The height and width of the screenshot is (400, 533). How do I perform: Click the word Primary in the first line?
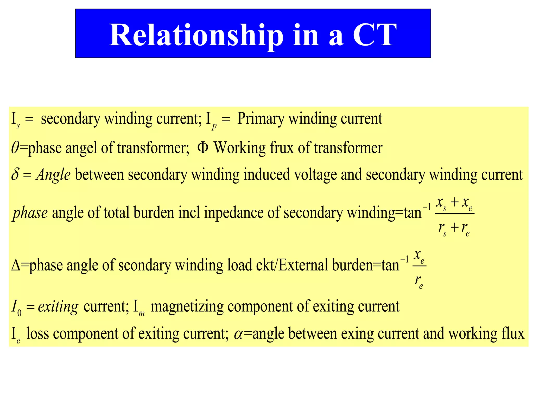tap(261, 119)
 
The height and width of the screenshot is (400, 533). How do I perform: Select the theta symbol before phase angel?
tap(15, 148)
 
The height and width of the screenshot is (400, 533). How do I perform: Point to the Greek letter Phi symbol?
tap(203, 147)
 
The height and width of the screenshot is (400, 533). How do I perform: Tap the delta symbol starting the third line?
tap(15, 174)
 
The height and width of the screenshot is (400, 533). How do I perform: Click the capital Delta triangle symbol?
tap(16, 265)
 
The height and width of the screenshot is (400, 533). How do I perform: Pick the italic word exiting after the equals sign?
tap(58, 307)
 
